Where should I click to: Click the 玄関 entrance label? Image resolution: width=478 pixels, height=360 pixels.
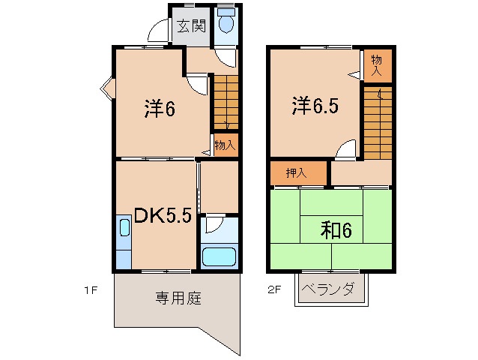coord(191,26)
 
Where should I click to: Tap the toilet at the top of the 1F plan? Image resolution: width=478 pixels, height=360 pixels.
coord(226,25)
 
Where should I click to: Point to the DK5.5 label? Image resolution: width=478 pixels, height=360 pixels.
coord(163,216)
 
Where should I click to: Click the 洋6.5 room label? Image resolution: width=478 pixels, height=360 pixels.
coord(315,105)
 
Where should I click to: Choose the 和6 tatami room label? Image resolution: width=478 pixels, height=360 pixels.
coord(336,230)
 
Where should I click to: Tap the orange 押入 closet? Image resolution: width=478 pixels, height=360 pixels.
coord(298,172)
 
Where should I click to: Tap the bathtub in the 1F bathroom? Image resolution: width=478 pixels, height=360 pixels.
coord(219,256)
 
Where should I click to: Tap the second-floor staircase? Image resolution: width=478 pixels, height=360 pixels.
coord(378,120)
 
